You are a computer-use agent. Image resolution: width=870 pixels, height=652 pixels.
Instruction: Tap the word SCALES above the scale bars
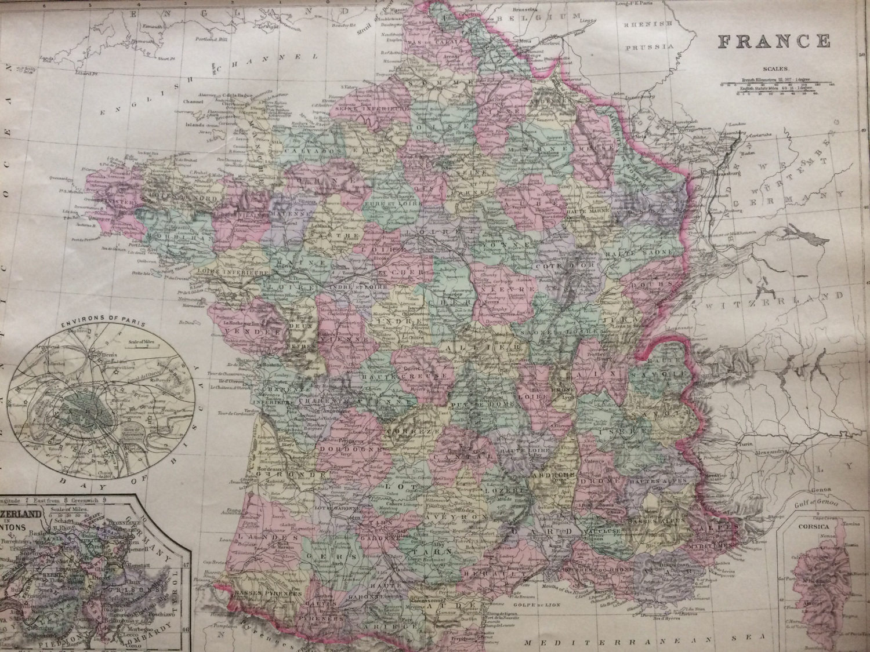coord(775,68)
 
